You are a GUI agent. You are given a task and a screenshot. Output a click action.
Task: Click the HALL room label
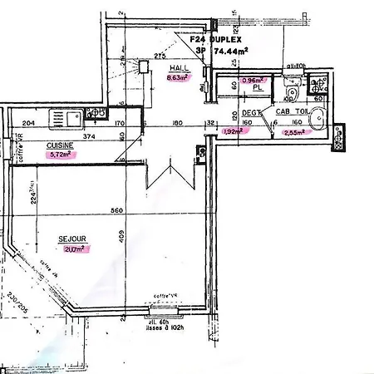pyautogui.click(x=180, y=69)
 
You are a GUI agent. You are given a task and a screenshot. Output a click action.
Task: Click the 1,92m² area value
pyautogui.click(x=234, y=131)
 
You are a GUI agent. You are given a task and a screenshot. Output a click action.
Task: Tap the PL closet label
pyautogui.click(x=258, y=86)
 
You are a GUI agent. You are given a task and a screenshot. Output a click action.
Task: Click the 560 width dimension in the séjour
pyautogui.click(x=116, y=210)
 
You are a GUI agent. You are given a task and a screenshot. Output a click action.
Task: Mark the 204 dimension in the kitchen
pyautogui.click(x=29, y=124)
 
